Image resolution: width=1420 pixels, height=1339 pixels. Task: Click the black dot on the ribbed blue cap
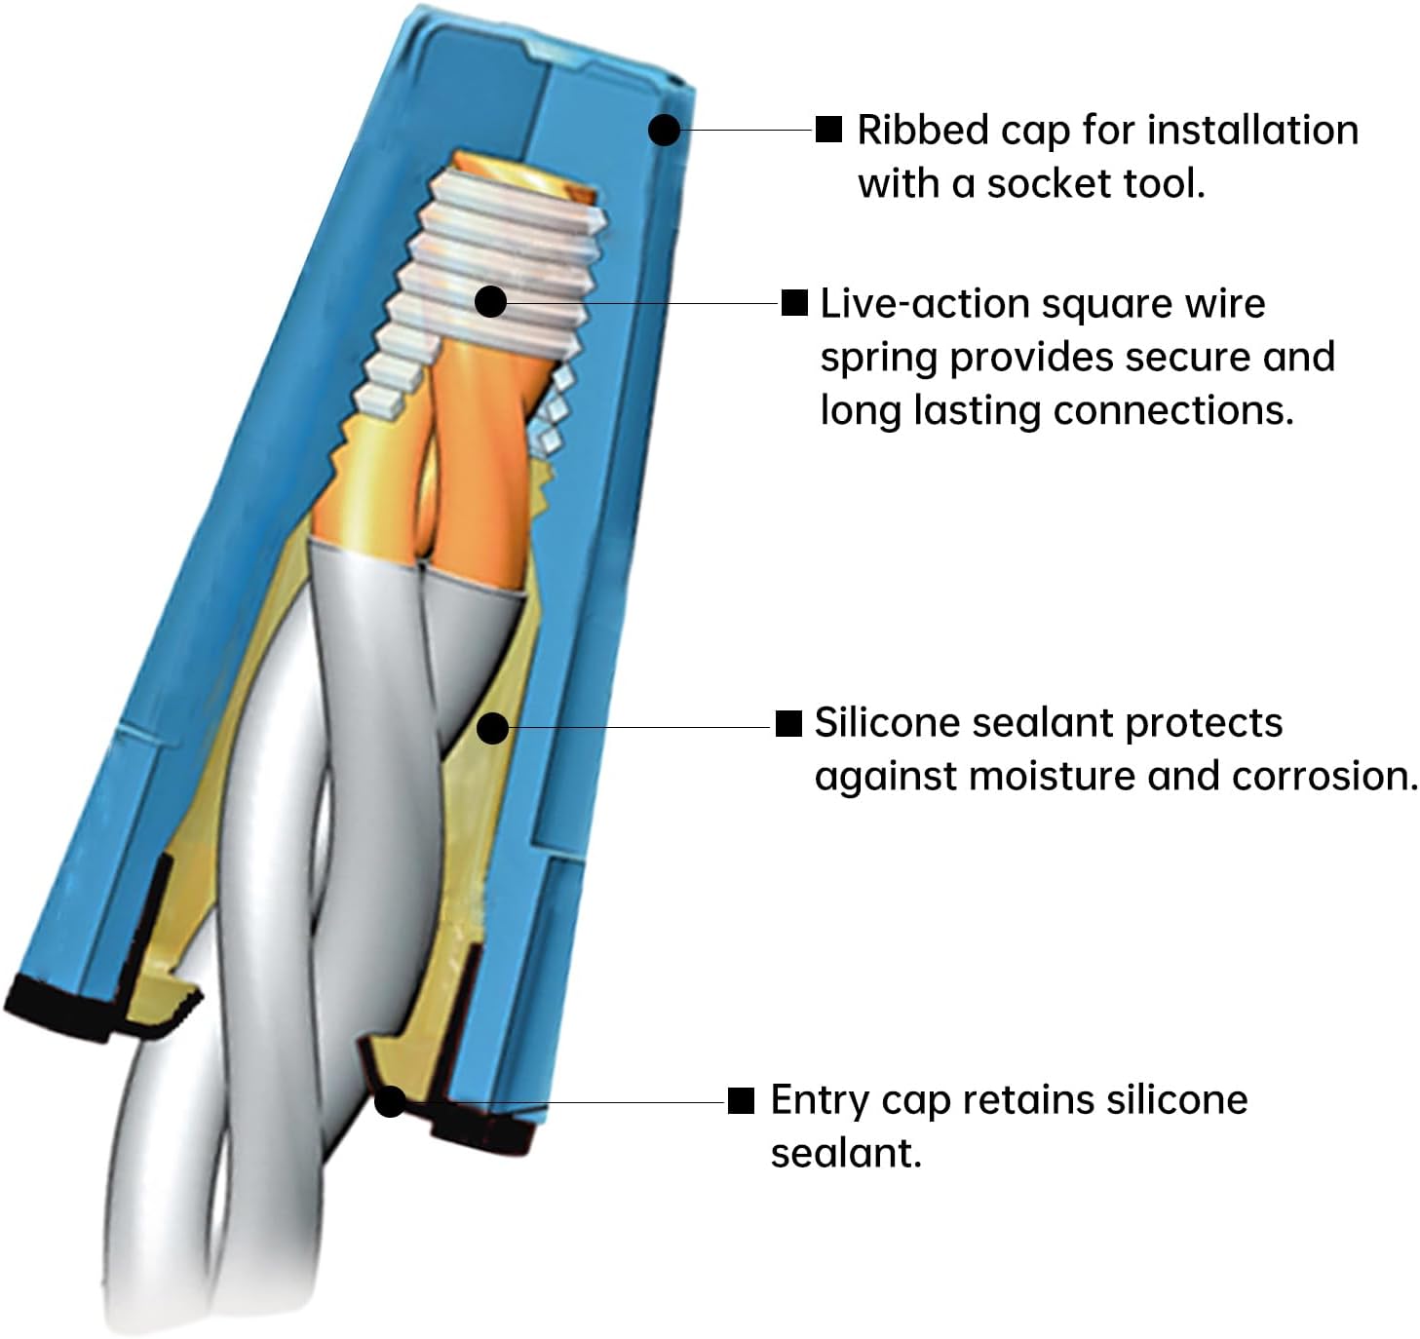(x=664, y=130)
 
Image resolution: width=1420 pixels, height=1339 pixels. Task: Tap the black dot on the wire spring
(x=491, y=301)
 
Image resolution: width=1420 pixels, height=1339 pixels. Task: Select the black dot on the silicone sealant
(x=493, y=727)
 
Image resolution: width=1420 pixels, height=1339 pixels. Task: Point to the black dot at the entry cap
(x=390, y=1101)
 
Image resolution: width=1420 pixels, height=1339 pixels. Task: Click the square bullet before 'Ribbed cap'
(x=828, y=129)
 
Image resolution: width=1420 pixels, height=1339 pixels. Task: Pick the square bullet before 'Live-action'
(x=795, y=302)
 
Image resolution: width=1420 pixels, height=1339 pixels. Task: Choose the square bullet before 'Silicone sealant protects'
(x=787, y=723)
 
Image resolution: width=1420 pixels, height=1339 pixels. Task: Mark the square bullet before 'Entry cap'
(x=741, y=1100)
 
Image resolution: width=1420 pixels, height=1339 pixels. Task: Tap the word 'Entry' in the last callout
(x=820, y=1101)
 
